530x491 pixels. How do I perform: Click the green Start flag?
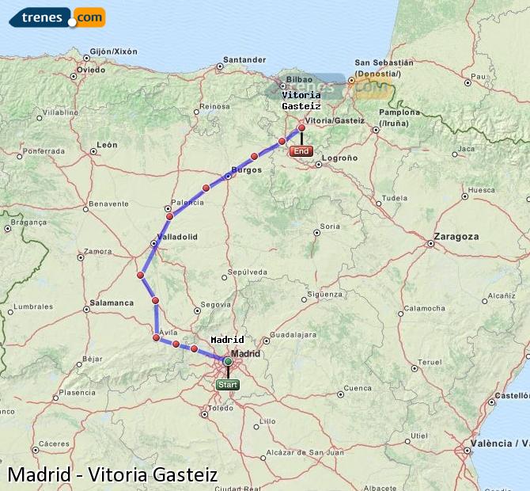coord(227,385)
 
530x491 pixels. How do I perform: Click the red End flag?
coord(301,151)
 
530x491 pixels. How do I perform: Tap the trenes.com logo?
coord(57,17)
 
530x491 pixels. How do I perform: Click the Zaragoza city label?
coord(456,236)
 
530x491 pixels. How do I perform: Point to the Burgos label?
coord(246,169)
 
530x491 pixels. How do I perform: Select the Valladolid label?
coord(177,236)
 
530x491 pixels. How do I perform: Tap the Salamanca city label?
coord(112,303)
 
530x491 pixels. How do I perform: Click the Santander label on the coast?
coord(244,59)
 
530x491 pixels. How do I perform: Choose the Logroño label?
coord(340,158)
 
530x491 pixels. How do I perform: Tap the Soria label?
coord(329,226)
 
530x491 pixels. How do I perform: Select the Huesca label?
coord(481,190)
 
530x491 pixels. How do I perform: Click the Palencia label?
coord(187,202)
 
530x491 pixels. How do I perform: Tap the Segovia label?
coord(216,304)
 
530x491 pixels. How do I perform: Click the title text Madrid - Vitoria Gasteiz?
coord(112,475)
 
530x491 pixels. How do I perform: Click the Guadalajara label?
coord(291,335)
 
